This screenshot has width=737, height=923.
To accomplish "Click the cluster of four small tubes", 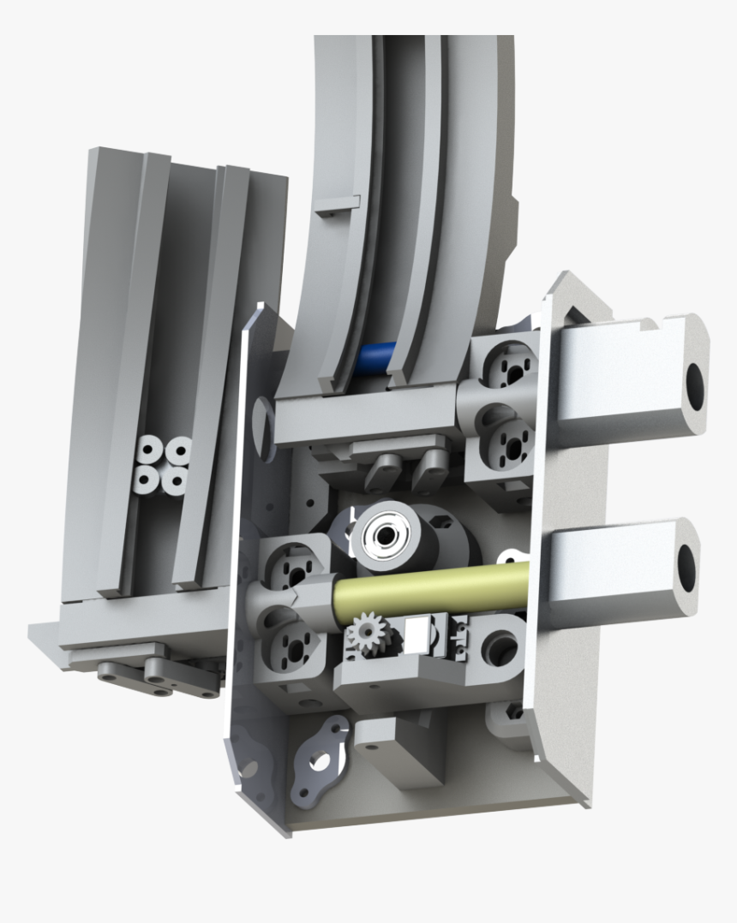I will click(163, 465).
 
